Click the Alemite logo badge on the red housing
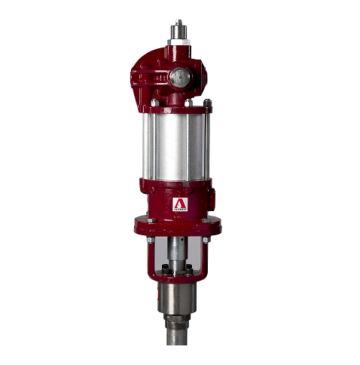point(180,205)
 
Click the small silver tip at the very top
point(180,23)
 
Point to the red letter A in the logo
point(180,203)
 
